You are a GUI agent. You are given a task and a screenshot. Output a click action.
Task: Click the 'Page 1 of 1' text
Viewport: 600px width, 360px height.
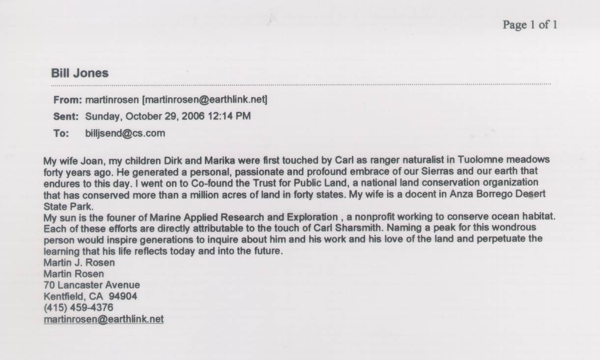click(529, 25)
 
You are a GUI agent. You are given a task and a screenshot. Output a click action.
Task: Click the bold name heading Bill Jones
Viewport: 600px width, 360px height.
click(80, 73)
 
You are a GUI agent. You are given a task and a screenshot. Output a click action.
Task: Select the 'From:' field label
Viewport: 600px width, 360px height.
click(67, 100)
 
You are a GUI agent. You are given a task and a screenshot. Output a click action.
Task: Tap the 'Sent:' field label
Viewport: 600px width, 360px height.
click(66, 117)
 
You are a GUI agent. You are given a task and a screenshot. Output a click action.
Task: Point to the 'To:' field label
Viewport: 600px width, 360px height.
click(61, 133)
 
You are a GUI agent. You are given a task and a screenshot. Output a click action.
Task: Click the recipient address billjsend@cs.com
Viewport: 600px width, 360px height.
click(125, 133)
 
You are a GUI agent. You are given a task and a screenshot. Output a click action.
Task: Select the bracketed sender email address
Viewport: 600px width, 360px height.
click(204, 100)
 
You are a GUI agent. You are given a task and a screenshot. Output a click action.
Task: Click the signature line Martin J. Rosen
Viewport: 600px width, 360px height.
click(79, 263)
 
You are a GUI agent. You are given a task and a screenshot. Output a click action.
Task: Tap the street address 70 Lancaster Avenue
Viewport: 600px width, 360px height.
click(91, 285)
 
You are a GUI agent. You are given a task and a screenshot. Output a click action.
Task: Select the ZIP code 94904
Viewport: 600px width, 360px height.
click(123, 296)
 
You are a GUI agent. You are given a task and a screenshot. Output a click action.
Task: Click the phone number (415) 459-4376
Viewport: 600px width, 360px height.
click(78, 307)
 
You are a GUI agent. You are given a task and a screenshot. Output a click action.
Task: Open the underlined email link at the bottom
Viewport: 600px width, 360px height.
click(103, 319)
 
